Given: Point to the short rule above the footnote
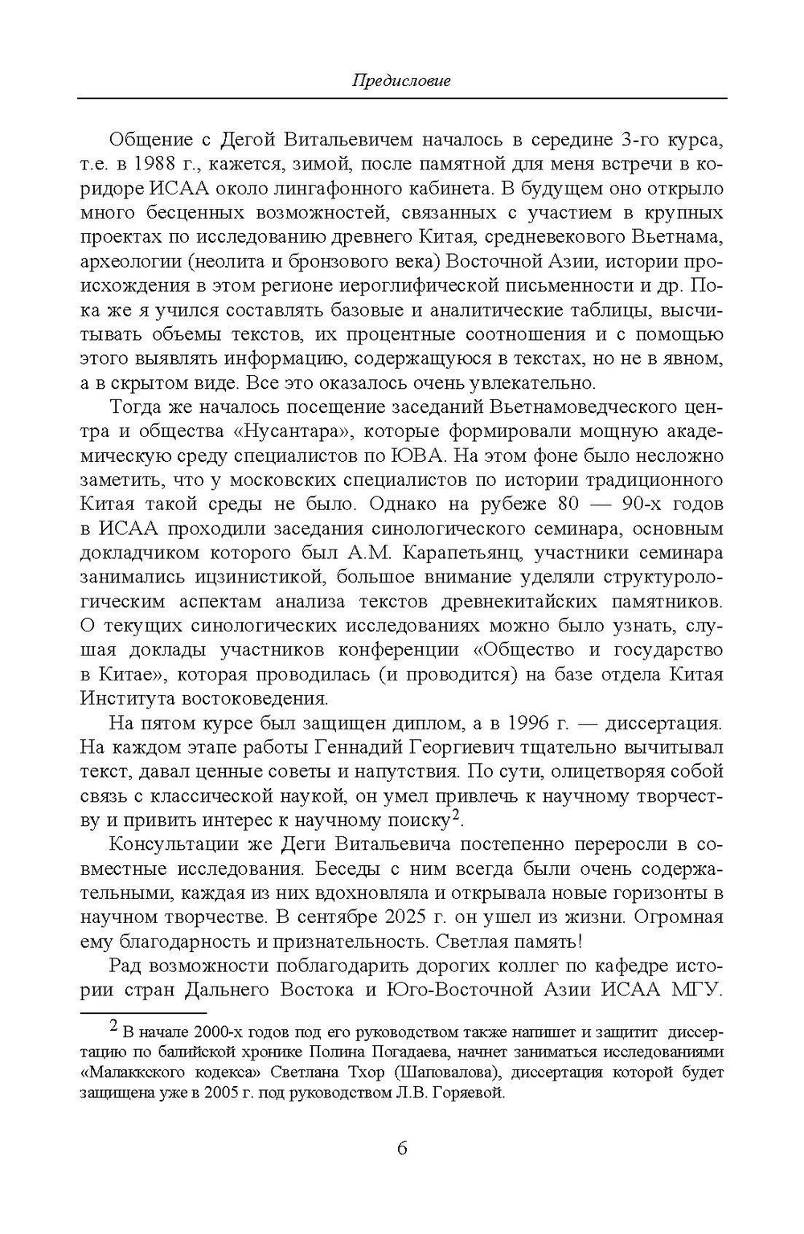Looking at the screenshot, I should click(143, 1015).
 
